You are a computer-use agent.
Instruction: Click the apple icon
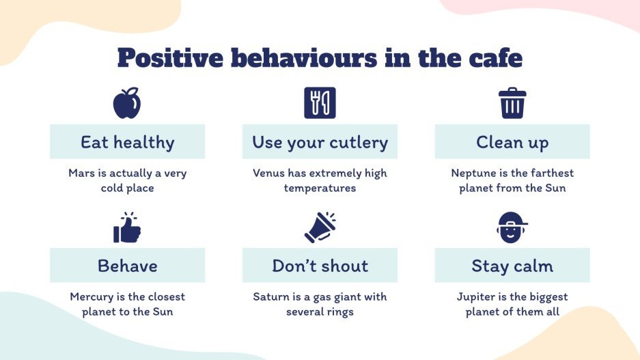pyautogui.click(x=127, y=103)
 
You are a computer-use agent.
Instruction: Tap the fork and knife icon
pyautogui.click(x=320, y=103)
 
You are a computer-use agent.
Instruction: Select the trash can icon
pyautogui.click(x=512, y=103)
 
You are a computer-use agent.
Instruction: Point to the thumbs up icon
pyautogui.click(x=127, y=227)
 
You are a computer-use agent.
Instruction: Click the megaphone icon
pyautogui.click(x=320, y=227)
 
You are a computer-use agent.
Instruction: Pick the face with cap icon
pyautogui.click(x=512, y=227)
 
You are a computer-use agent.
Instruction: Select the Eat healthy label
pyautogui.click(x=127, y=142)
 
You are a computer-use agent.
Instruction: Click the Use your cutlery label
pyautogui.click(x=320, y=142)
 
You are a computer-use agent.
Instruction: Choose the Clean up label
pyautogui.click(x=512, y=142)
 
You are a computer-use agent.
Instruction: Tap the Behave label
pyautogui.click(x=127, y=266)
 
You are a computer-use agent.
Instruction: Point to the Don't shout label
pyautogui.click(x=320, y=266)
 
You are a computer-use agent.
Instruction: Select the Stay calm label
pyautogui.click(x=512, y=266)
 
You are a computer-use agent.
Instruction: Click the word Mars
pyautogui.click(x=81, y=174)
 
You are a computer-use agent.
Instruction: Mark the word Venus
pyautogui.click(x=268, y=174)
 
